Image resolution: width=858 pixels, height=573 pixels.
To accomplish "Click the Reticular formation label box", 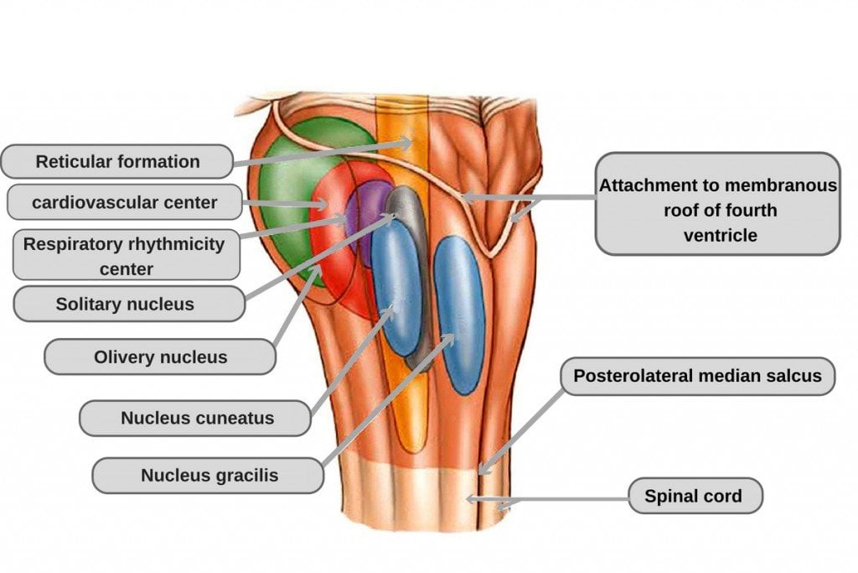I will click(116, 161).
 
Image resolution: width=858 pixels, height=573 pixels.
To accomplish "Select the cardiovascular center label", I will click(124, 202).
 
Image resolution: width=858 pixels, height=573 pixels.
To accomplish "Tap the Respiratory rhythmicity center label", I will click(124, 256).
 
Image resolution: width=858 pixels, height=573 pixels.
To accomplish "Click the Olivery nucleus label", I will click(159, 357).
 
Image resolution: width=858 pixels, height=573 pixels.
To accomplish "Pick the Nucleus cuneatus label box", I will click(196, 417).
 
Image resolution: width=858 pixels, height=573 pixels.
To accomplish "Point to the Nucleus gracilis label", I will click(208, 476).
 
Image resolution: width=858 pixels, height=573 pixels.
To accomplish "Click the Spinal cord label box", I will click(694, 496).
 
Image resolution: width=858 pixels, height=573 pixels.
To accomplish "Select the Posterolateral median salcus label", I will click(697, 376).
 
